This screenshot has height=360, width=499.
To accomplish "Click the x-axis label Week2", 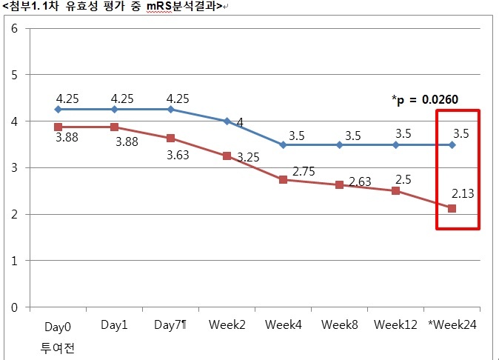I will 227,325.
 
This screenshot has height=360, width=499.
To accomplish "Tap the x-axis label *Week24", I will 452,325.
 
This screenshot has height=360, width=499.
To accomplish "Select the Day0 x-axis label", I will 57,327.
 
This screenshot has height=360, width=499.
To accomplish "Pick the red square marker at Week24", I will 452,208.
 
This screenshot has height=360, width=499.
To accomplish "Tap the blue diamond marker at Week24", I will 452,144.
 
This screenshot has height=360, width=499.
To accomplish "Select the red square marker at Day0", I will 58,127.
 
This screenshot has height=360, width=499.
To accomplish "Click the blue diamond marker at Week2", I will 227,121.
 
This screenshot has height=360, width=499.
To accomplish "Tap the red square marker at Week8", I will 339,184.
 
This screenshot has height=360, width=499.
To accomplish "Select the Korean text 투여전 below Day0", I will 57,346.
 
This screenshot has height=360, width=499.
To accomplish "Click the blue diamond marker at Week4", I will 283,144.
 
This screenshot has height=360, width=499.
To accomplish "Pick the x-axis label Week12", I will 395,325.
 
